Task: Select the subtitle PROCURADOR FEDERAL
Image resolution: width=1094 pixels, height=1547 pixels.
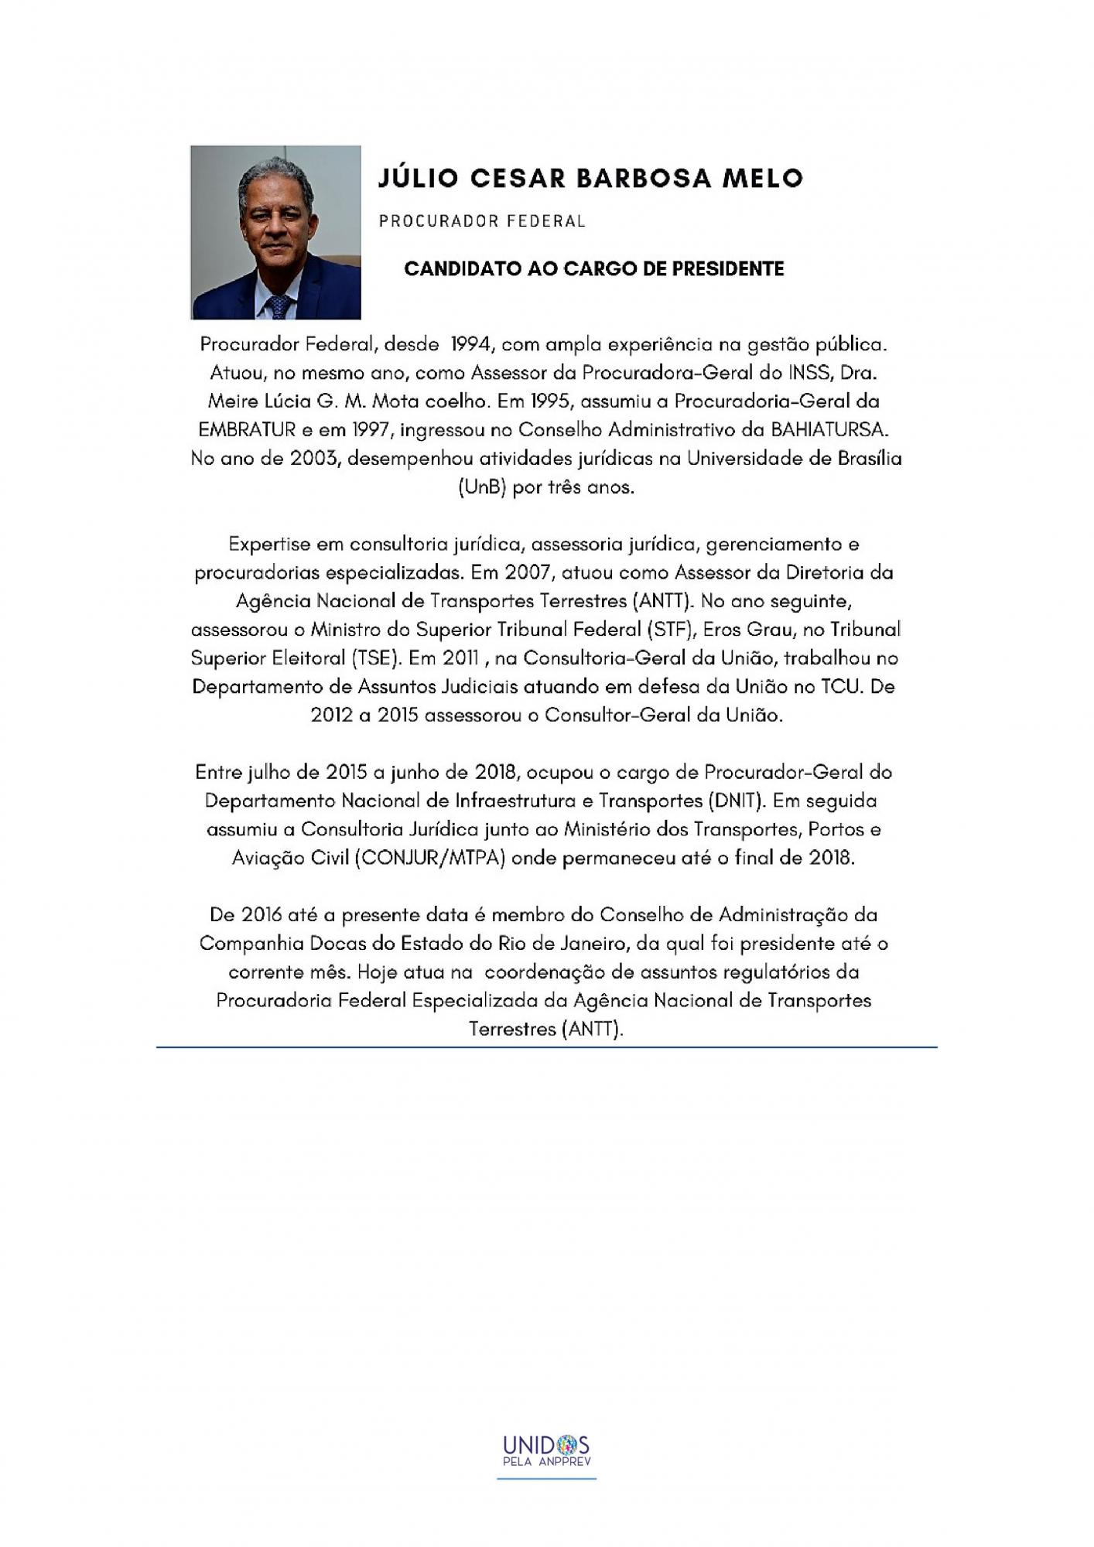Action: click(482, 221)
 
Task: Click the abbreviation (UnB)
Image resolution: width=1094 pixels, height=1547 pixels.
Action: click(480, 488)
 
